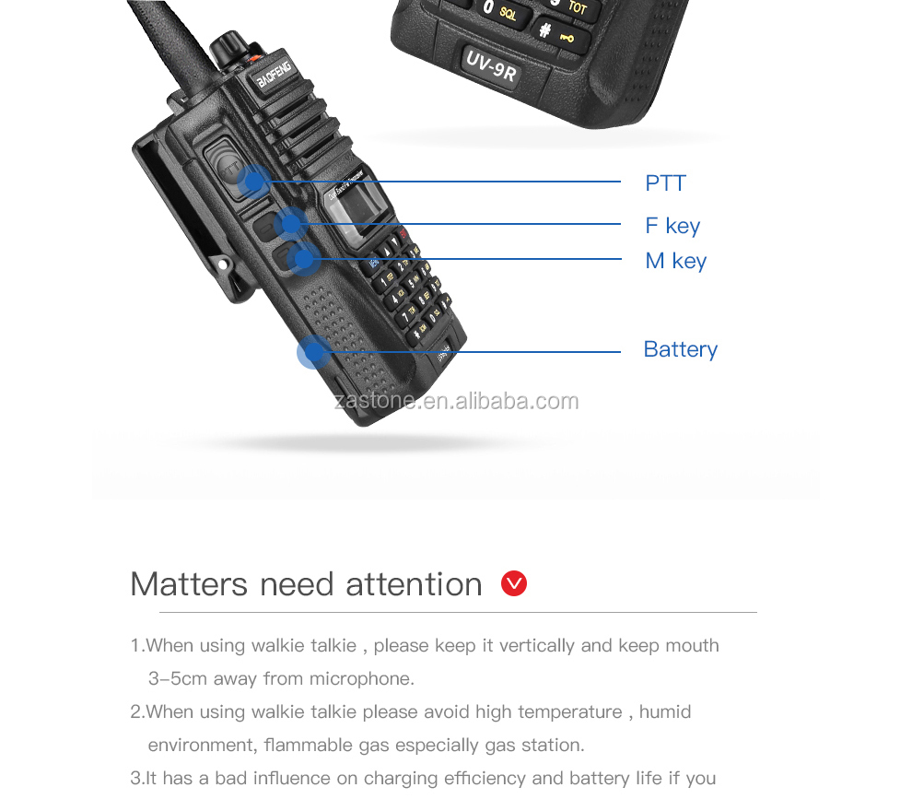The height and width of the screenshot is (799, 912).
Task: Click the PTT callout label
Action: (x=665, y=183)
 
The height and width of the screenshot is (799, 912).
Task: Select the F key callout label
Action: (x=672, y=226)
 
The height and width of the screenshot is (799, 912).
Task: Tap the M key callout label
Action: (x=675, y=261)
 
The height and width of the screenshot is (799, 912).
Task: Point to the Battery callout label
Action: (x=680, y=349)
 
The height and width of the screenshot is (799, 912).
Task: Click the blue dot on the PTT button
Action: (x=251, y=181)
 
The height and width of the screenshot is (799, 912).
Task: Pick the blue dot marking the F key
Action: (x=290, y=222)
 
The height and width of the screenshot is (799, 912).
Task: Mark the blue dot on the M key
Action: (x=303, y=259)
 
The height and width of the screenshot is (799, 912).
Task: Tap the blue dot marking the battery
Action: (x=313, y=352)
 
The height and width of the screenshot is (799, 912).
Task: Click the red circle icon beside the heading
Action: (x=514, y=583)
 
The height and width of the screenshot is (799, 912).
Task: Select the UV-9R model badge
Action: (x=490, y=66)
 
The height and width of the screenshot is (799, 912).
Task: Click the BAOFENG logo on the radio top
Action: (x=274, y=71)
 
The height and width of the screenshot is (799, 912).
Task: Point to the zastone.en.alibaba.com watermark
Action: (x=456, y=401)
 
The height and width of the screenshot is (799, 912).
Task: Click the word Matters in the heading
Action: (x=189, y=584)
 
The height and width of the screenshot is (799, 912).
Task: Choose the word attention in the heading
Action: (x=414, y=584)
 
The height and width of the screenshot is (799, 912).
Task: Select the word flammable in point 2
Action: (x=307, y=746)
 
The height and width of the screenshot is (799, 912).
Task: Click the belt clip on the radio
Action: (x=184, y=221)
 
